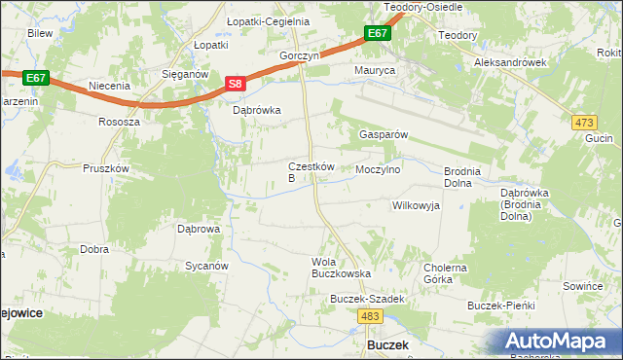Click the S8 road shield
point(236,85)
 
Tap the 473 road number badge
point(584,122)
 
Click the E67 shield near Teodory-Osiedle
point(379,34)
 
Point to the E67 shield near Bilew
point(36,77)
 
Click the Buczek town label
point(386,345)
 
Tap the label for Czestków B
point(311,172)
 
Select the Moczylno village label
point(379,169)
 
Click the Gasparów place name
point(383,134)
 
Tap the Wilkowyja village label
point(416,205)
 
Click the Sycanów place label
point(206,266)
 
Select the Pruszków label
point(106,168)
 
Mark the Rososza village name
point(120,123)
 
